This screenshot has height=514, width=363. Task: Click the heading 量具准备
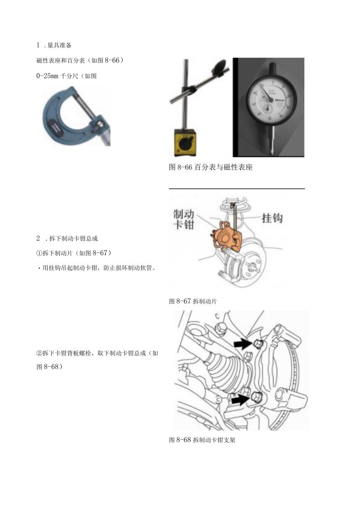click(x=59, y=45)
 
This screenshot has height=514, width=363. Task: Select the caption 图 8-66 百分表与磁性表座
click(x=211, y=167)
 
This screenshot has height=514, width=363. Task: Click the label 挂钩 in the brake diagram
click(x=272, y=218)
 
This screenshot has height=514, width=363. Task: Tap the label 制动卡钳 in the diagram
click(x=184, y=220)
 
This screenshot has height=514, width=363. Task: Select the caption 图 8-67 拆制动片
click(x=193, y=301)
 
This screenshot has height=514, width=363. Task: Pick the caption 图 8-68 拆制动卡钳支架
click(x=202, y=440)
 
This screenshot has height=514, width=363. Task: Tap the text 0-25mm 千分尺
click(x=66, y=76)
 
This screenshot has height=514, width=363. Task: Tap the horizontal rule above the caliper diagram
click(x=237, y=189)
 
